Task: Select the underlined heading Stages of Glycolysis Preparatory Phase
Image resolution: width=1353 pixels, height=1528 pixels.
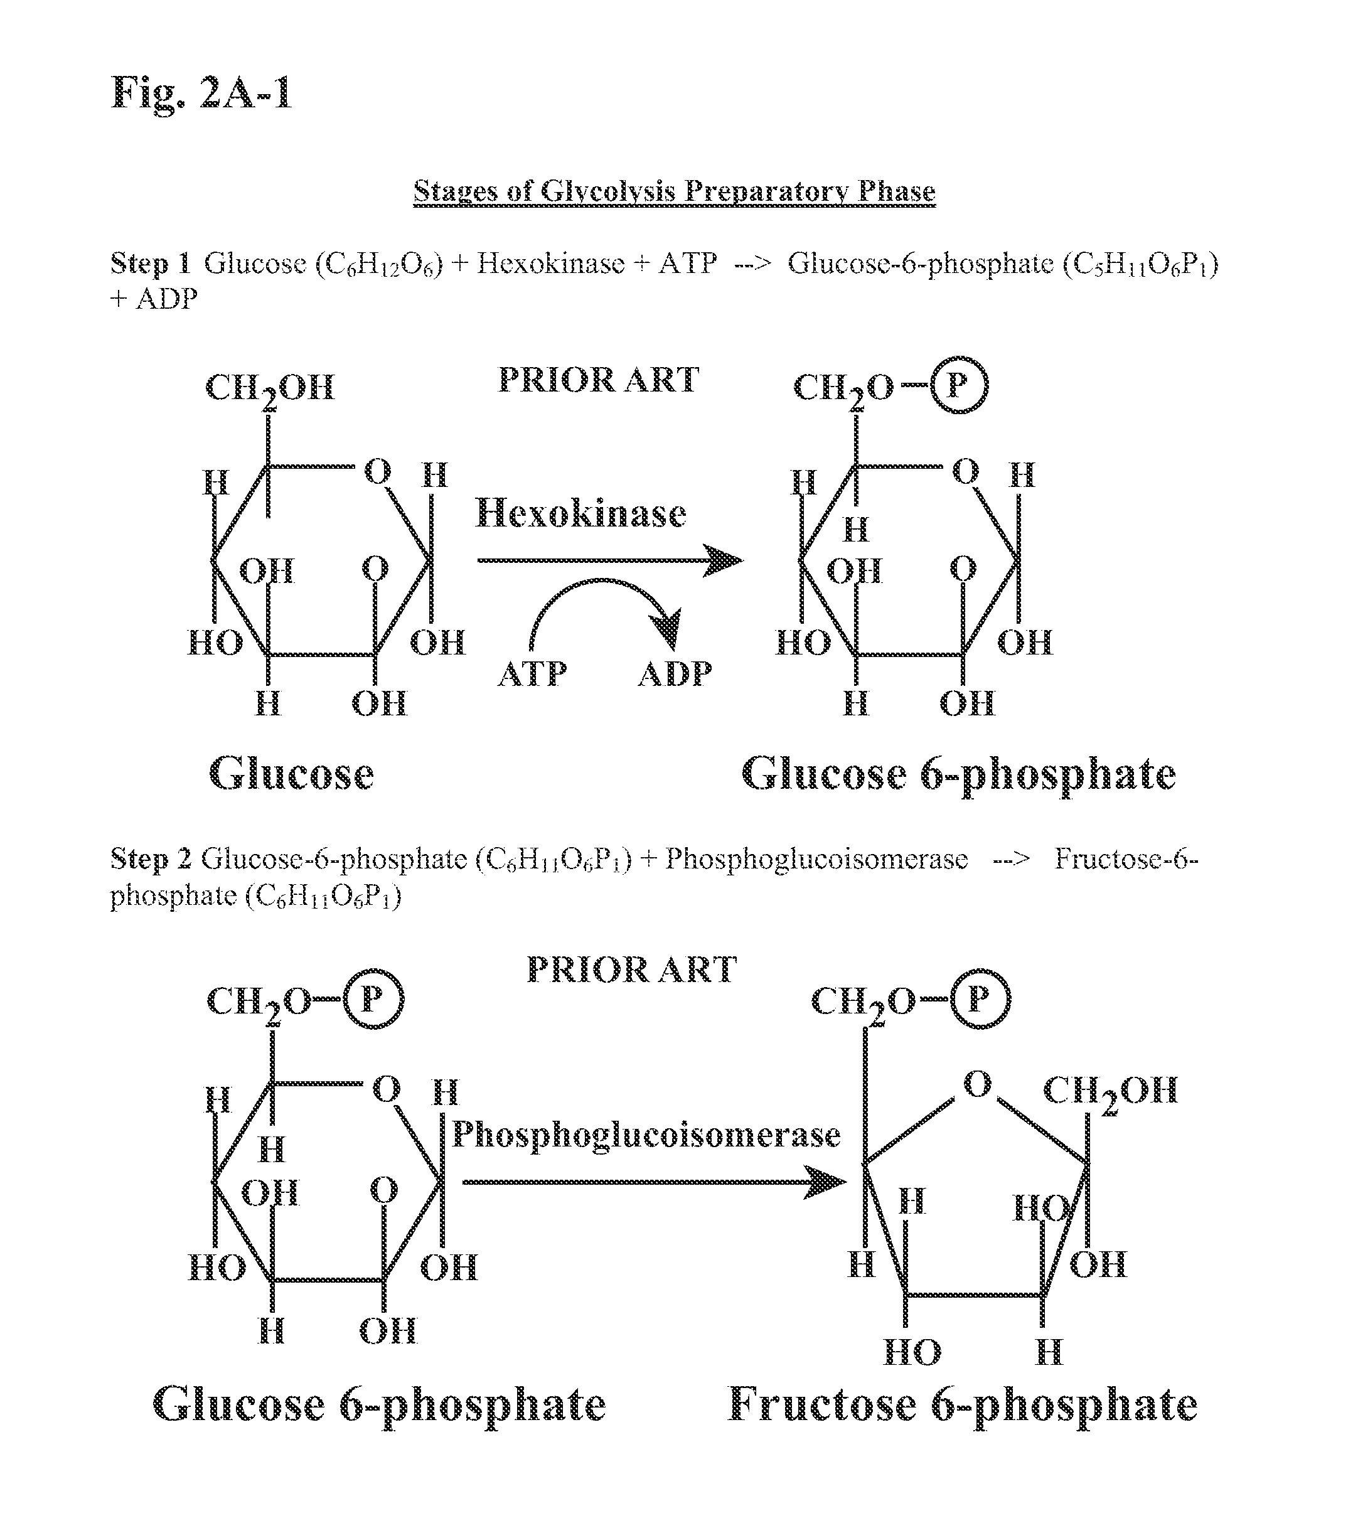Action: tap(673, 191)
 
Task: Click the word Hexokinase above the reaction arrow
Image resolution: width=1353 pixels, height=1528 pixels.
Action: tap(581, 513)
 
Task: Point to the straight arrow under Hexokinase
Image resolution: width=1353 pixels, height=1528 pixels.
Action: tap(609, 560)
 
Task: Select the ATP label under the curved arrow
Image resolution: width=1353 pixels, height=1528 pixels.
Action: tap(532, 675)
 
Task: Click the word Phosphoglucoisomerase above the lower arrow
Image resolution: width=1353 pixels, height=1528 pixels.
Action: tap(646, 1135)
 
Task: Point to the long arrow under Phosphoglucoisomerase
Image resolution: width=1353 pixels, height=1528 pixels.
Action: tap(654, 1182)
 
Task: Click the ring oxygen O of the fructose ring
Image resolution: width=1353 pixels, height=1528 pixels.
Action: tap(977, 1084)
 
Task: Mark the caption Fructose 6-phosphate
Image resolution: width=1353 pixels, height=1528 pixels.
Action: tap(963, 1404)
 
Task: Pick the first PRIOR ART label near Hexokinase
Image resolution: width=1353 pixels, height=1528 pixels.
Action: tap(598, 380)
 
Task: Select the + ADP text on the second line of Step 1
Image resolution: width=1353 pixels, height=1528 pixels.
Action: tap(154, 299)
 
